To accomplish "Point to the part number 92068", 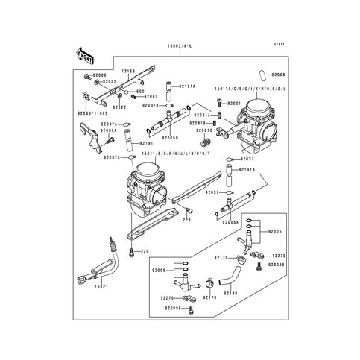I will (277, 75).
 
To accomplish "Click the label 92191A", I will (185, 86).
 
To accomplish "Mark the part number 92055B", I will (169, 138).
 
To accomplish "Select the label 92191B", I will (247, 170).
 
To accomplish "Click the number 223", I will (185, 220).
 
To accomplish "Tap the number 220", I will (145, 250).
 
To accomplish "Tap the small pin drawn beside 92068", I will (263, 73).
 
